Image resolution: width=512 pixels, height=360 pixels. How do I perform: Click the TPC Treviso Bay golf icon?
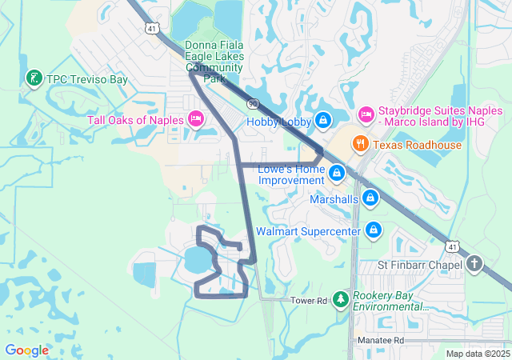pyautogui.click(x=34, y=78)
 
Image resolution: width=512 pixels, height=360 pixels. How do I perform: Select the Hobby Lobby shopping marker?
pyautogui.click(x=322, y=121)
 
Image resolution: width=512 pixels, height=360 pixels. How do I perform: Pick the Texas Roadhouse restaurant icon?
pyautogui.click(x=361, y=145)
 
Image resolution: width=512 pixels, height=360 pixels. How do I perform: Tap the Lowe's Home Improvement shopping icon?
pyautogui.click(x=337, y=172)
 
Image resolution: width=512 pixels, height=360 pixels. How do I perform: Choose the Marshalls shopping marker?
pyautogui.click(x=370, y=197)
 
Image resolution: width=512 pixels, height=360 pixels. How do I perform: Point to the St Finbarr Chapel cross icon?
pyautogui.click(x=474, y=264)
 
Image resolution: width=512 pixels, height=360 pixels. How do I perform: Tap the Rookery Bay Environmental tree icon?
pyautogui.click(x=341, y=299)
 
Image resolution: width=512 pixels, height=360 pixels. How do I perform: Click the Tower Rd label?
pyautogui.click(x=310, y=301)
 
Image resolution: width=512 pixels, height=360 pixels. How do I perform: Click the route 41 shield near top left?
pyautogui.click(x=152, y=28)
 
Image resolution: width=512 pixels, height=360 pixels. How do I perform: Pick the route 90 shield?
pyautogui.click(x=253, y=103)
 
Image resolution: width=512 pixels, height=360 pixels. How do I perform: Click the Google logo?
pyautogui.click(x=26, y=350)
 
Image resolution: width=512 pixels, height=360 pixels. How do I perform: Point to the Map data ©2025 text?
pyautogui.click(x=477, y=354)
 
